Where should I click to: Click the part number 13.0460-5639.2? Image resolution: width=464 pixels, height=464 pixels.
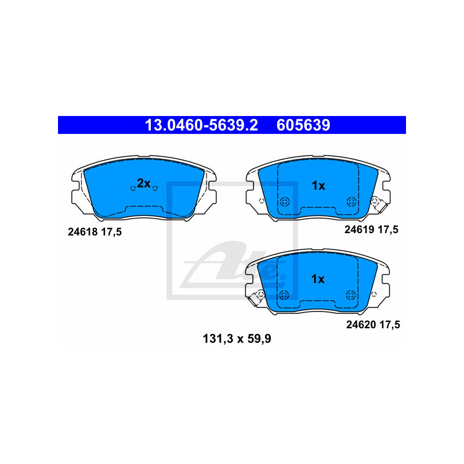pos(201,125)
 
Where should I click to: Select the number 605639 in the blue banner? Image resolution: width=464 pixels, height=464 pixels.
pos(303,125)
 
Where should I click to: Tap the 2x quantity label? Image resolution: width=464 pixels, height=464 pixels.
pos(143,183)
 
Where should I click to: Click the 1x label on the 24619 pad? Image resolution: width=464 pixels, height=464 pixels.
pos(318,186)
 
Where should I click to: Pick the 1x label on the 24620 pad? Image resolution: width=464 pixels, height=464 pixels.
pos(318,279)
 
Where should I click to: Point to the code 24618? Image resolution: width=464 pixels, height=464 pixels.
pos(82,232)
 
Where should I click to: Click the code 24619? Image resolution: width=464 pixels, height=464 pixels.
pos(359,230)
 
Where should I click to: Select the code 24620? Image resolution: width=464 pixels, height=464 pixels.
pos(361,325)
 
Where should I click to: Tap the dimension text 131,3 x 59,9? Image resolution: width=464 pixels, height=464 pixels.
pos(237,339)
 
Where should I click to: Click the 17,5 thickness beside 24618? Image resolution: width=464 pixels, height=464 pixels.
pos(111,233)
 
